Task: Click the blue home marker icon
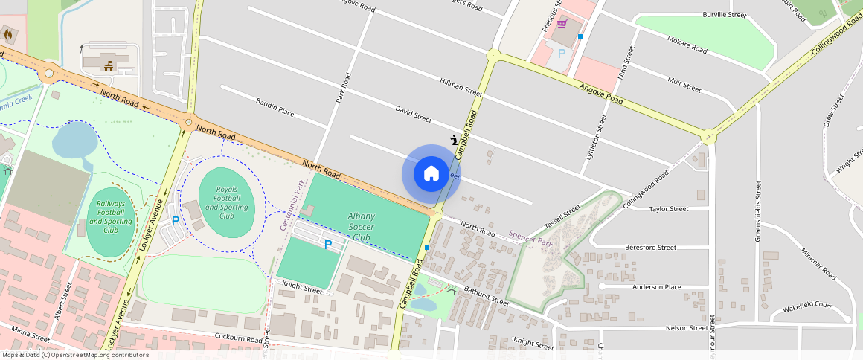click(431, 174)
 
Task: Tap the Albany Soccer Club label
click(361, 226)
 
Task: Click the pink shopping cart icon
click(562, 25)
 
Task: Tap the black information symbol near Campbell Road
click(455, 139)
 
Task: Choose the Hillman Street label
click(461, 86)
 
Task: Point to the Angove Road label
click(602, 93)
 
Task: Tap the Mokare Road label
click(687, 44)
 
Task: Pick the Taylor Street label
click(669, 209)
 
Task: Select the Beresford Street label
click(650, 247)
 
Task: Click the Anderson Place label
click(656, 286)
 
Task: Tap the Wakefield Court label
click(806, 305)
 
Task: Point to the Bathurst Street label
click(487, 296)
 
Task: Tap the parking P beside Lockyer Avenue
click(176, 221)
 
